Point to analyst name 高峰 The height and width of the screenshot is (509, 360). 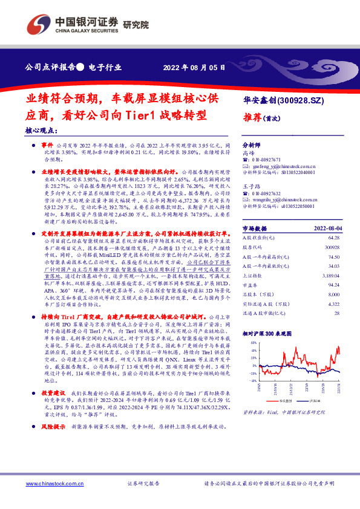pos(249,154)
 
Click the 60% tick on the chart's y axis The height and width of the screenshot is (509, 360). pos(251,342)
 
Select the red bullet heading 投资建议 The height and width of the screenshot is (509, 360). pos(53,409)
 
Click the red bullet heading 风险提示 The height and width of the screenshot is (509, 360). pos(53,444)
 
